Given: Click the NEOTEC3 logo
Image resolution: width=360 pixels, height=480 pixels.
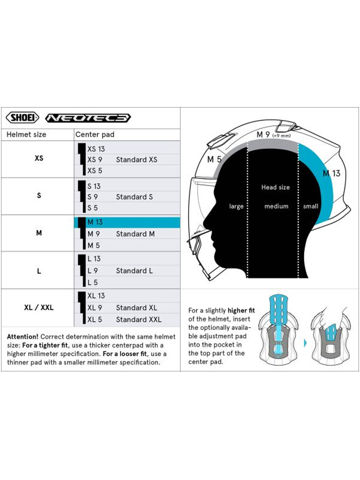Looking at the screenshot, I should point(88,118).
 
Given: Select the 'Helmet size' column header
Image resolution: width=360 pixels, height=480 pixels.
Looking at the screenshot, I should point(26,134).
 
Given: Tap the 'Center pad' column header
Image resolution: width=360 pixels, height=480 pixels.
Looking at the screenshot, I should point(95,134).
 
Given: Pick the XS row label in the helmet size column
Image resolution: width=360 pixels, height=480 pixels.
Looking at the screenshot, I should point(39,158).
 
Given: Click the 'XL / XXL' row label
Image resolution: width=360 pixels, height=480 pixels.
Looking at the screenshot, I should point(39,308).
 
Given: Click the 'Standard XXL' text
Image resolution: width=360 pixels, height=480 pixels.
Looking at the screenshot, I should point(139,319).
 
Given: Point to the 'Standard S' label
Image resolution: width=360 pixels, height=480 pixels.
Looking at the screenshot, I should point(134,197).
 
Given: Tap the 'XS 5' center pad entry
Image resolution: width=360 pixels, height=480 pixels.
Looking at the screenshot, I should point(95,170).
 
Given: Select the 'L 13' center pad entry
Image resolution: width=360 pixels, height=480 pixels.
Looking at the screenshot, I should point(94,259).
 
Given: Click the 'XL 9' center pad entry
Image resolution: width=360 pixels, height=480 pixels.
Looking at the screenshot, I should point(95,308).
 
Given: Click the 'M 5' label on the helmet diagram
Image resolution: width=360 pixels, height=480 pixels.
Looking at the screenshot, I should point(214,159).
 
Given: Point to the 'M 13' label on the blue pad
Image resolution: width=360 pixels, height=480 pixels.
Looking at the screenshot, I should point(331,173).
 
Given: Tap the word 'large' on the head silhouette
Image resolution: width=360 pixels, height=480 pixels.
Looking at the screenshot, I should point(236,206).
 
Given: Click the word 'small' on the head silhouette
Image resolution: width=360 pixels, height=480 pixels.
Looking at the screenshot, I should point(311,206).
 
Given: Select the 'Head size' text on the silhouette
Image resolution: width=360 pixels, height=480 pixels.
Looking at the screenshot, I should point(276,187).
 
